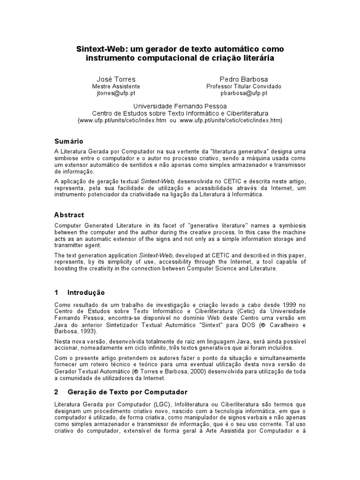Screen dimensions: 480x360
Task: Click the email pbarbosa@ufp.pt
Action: [244, 93]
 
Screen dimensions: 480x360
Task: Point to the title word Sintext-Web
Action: [97, 49]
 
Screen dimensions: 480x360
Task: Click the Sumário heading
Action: [69, 141]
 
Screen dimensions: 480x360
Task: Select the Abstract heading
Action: [69, 215]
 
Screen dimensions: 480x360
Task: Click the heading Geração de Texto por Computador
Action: [127, 392]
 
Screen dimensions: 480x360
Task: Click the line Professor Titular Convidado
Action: [244, 86]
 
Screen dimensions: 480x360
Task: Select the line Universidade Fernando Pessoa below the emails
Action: [180, 106]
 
